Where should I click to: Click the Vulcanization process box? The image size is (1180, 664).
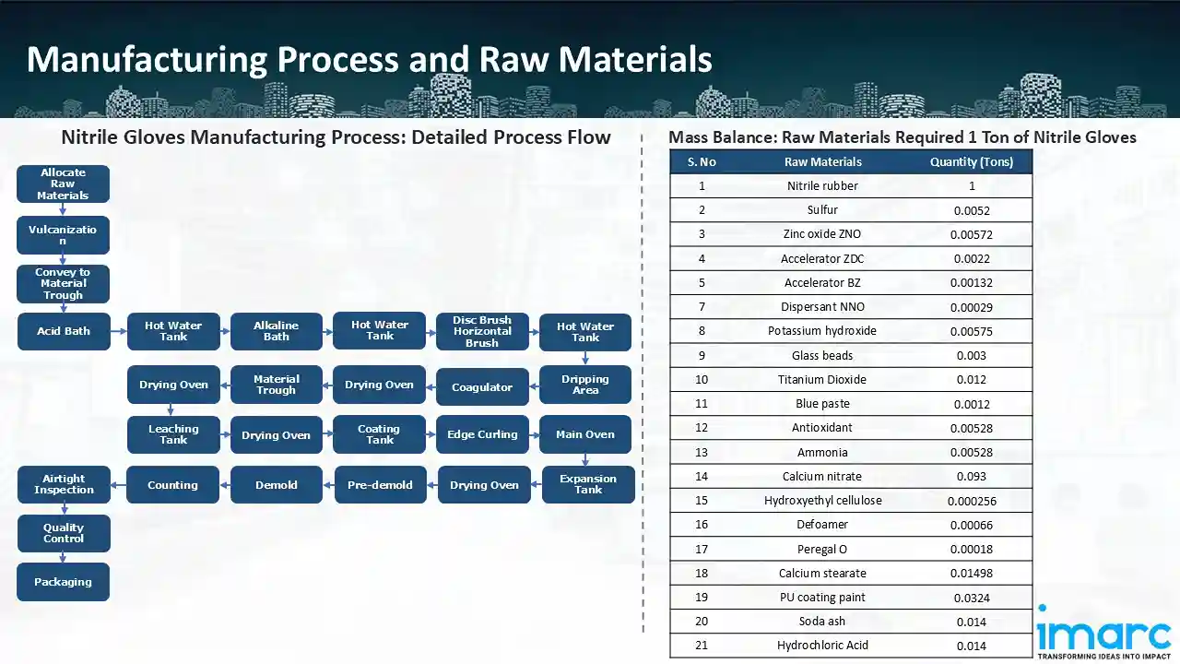(x=63, y=234)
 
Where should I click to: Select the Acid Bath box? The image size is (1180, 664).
(x=63, y=331)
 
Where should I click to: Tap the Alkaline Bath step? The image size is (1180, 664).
(x=277, y=331)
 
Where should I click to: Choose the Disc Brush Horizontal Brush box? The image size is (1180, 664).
(x=482, y=331)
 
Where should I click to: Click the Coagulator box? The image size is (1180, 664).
(x=482, y=387)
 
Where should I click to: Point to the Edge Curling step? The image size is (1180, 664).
(x=482, y=435)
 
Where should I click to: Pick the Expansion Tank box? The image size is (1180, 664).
(x=588, y=484)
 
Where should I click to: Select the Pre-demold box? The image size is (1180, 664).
(x=380, y=485)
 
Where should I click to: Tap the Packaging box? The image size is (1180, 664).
(x=63, y=582)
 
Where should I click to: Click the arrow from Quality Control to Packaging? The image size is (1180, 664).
(x=63, y=557)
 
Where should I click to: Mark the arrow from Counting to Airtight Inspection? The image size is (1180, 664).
(x=118, y=485)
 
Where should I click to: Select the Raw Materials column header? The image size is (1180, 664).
(x=822, y=162)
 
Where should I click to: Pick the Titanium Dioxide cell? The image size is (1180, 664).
(x=822, y=379)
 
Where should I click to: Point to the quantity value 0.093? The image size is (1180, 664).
(x=971, y=477)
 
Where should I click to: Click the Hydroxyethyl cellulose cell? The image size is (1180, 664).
(x=822, y=501)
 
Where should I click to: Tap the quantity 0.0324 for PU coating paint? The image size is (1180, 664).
(x=971, y=598)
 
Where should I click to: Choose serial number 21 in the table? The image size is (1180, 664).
(x=702, y=646)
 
